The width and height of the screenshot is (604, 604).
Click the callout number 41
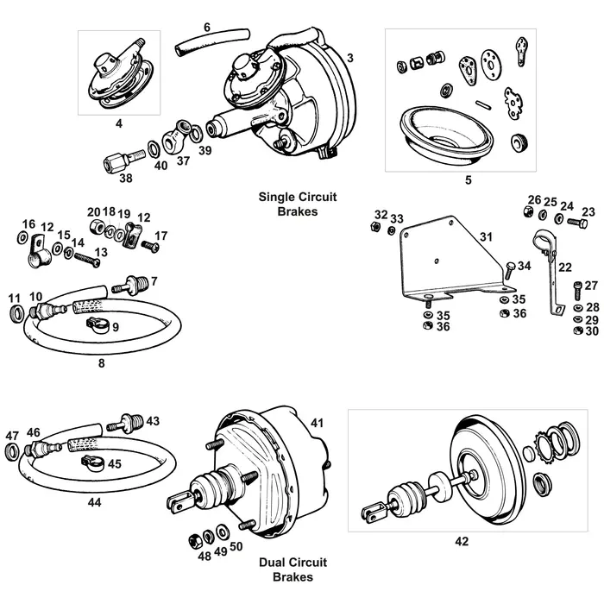pos(318,423)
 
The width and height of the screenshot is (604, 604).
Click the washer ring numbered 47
pos(13,453)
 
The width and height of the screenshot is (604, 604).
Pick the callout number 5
pos(468,181)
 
